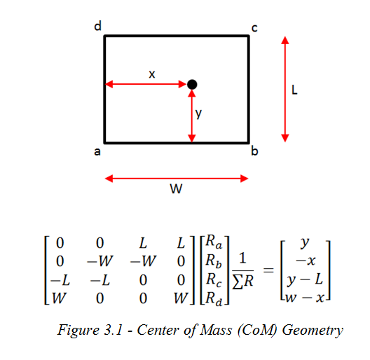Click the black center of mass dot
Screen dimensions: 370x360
(192, 85)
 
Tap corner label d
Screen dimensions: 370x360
(98, 26)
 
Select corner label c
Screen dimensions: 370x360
(254, 28)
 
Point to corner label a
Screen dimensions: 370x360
(97, 152)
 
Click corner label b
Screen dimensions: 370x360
(254, 151)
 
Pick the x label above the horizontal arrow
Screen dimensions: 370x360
(152, 74)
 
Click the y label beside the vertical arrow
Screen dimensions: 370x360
(199, 113)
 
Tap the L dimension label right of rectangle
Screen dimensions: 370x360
(294, 90)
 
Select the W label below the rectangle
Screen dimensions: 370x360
(177, 188)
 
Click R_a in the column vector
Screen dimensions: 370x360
(214, 242)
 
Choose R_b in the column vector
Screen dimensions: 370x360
(214, 261)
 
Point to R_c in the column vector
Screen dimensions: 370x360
(214, 279)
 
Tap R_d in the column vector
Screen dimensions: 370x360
(214, 298)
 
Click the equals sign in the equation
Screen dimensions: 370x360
(268, 270)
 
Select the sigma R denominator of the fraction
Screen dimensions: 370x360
(242, 282)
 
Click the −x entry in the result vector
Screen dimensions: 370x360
(306, 261)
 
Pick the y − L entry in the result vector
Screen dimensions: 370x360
(305, 279)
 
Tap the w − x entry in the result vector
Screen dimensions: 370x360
(305, 298)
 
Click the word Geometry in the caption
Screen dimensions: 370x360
(313, 330)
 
